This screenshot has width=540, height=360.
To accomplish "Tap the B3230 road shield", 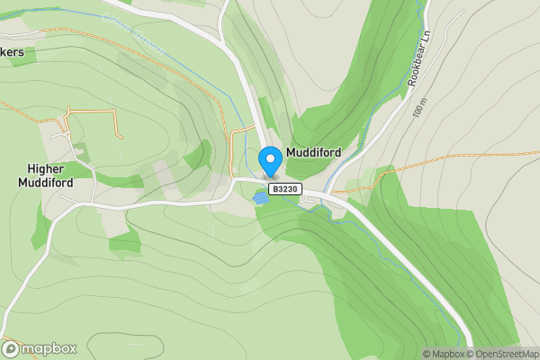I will coord(286,189).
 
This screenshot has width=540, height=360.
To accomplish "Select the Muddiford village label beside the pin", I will coord(314,153).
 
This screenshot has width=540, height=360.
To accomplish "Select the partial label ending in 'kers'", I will coord(18,53).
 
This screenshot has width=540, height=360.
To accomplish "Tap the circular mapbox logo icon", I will coord(11,348).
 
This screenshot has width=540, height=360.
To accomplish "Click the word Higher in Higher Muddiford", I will coord(49,168).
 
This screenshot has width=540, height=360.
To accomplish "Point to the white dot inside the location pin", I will coord(270,157).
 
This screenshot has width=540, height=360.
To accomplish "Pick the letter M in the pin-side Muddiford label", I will coord(292,153).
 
